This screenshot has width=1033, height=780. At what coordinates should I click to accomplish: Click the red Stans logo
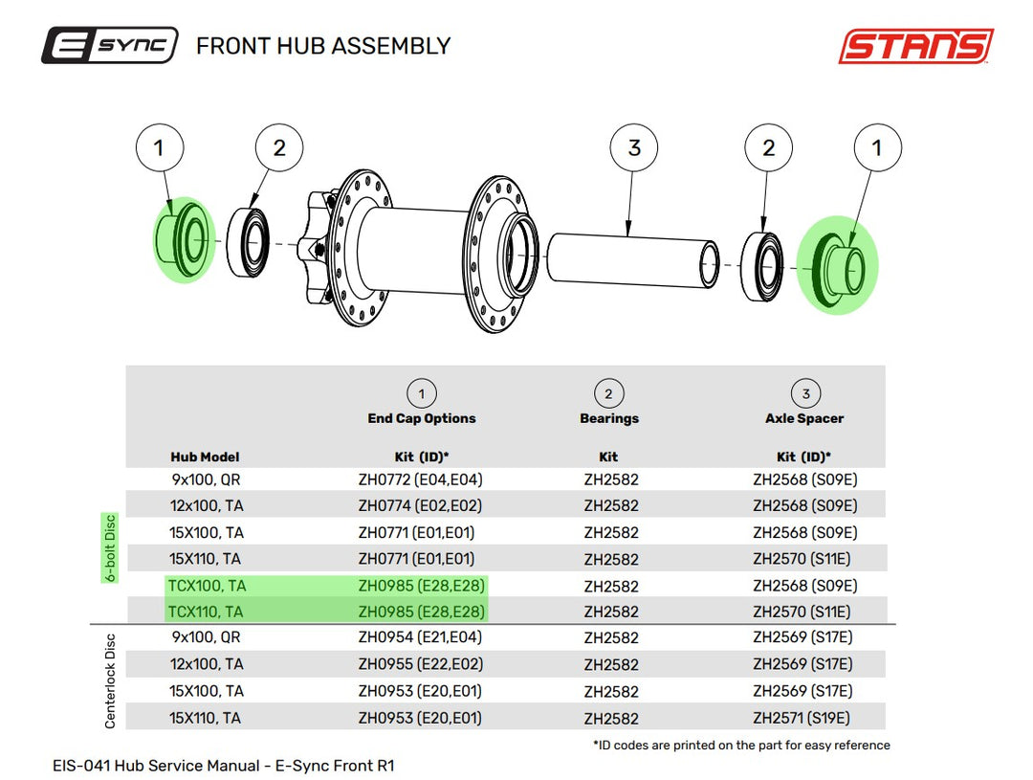915,46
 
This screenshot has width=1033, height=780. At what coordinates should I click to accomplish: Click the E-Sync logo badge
109,46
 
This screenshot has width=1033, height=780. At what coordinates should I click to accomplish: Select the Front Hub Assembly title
323,46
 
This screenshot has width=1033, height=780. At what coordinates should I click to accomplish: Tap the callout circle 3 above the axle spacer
634,147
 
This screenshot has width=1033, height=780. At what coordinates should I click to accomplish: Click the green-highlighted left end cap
183,239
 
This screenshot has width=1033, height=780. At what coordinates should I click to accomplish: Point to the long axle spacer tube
632,259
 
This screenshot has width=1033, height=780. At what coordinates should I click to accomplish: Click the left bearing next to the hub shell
249,242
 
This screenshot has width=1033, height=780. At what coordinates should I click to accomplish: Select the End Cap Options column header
422,418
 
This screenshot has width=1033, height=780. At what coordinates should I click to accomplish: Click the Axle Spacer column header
804,418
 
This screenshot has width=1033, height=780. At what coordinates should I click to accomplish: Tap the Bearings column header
608,418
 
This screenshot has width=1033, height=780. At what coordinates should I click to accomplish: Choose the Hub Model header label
205,457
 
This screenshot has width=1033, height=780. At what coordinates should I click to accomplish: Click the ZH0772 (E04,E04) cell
420,479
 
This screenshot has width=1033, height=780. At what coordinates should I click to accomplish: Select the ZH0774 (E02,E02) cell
420,505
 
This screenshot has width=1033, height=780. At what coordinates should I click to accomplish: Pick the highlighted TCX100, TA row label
207,586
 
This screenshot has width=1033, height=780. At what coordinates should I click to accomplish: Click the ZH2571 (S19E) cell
802,718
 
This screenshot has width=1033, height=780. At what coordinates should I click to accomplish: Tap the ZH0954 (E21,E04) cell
420,637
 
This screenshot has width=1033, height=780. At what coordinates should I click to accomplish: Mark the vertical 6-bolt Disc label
110,547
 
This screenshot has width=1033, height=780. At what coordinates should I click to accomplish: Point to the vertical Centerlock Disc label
110,681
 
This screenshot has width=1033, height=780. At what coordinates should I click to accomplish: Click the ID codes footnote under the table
742,745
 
